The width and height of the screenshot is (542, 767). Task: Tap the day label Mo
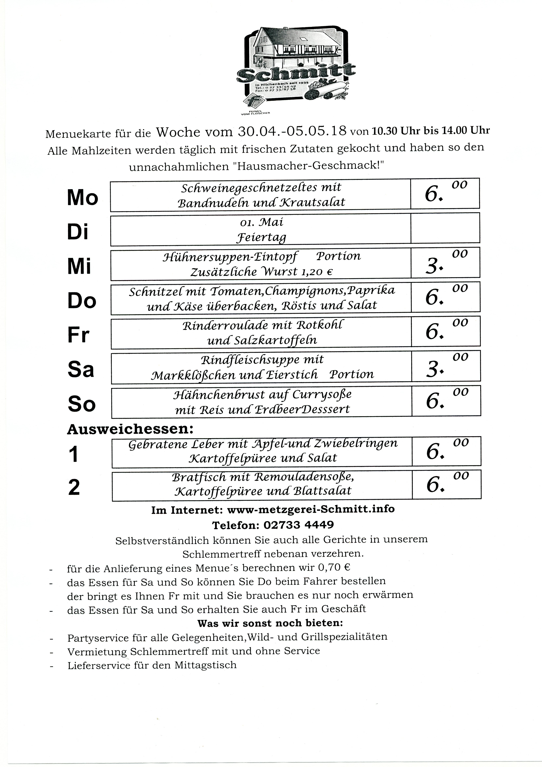(x=82, y=197)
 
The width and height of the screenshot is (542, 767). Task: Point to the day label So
(x=81, y=404)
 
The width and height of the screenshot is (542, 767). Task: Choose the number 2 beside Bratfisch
(x=74, y=487)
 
